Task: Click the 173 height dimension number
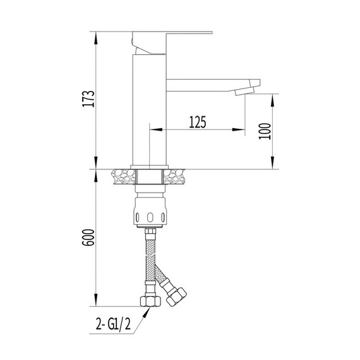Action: click(89, 99)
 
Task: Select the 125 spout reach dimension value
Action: click(198, 123)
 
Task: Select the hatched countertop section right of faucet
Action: click(177, 177)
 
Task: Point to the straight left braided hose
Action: click(150, 259)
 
